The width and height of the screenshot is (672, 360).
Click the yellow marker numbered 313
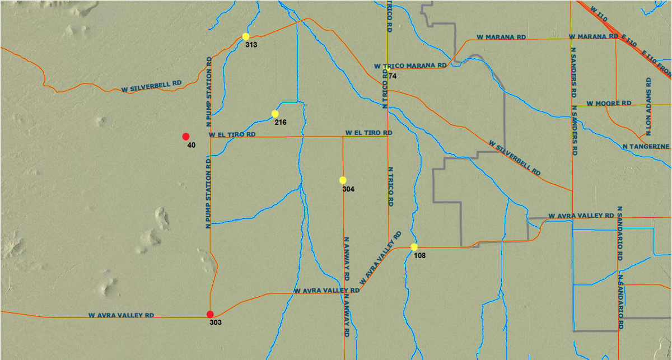click(245, 36)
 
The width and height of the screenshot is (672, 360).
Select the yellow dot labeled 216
click(275, 114)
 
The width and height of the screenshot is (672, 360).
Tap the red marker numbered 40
click(186, 137)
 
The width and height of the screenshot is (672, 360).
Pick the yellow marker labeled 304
click(343, 180)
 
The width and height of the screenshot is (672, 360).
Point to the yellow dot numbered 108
click(414, 247)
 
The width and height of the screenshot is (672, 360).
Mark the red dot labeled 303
click(210, 314)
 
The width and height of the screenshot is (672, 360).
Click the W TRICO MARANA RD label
click(410, 66)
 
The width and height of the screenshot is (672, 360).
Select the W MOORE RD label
click(609, 104)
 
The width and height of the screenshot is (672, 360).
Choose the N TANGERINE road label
click(646, 146)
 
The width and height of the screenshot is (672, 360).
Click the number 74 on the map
click(392, 76)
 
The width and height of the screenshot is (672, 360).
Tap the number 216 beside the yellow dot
click(281, 122)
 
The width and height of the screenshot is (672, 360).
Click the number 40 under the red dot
click(191, 146)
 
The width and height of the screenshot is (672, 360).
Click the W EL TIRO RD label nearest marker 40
click(232, 135)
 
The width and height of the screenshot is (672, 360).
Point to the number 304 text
click(348, 189)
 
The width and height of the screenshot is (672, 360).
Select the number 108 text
click(419, 256)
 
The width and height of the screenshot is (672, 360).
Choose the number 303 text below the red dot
click(216, 322)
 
